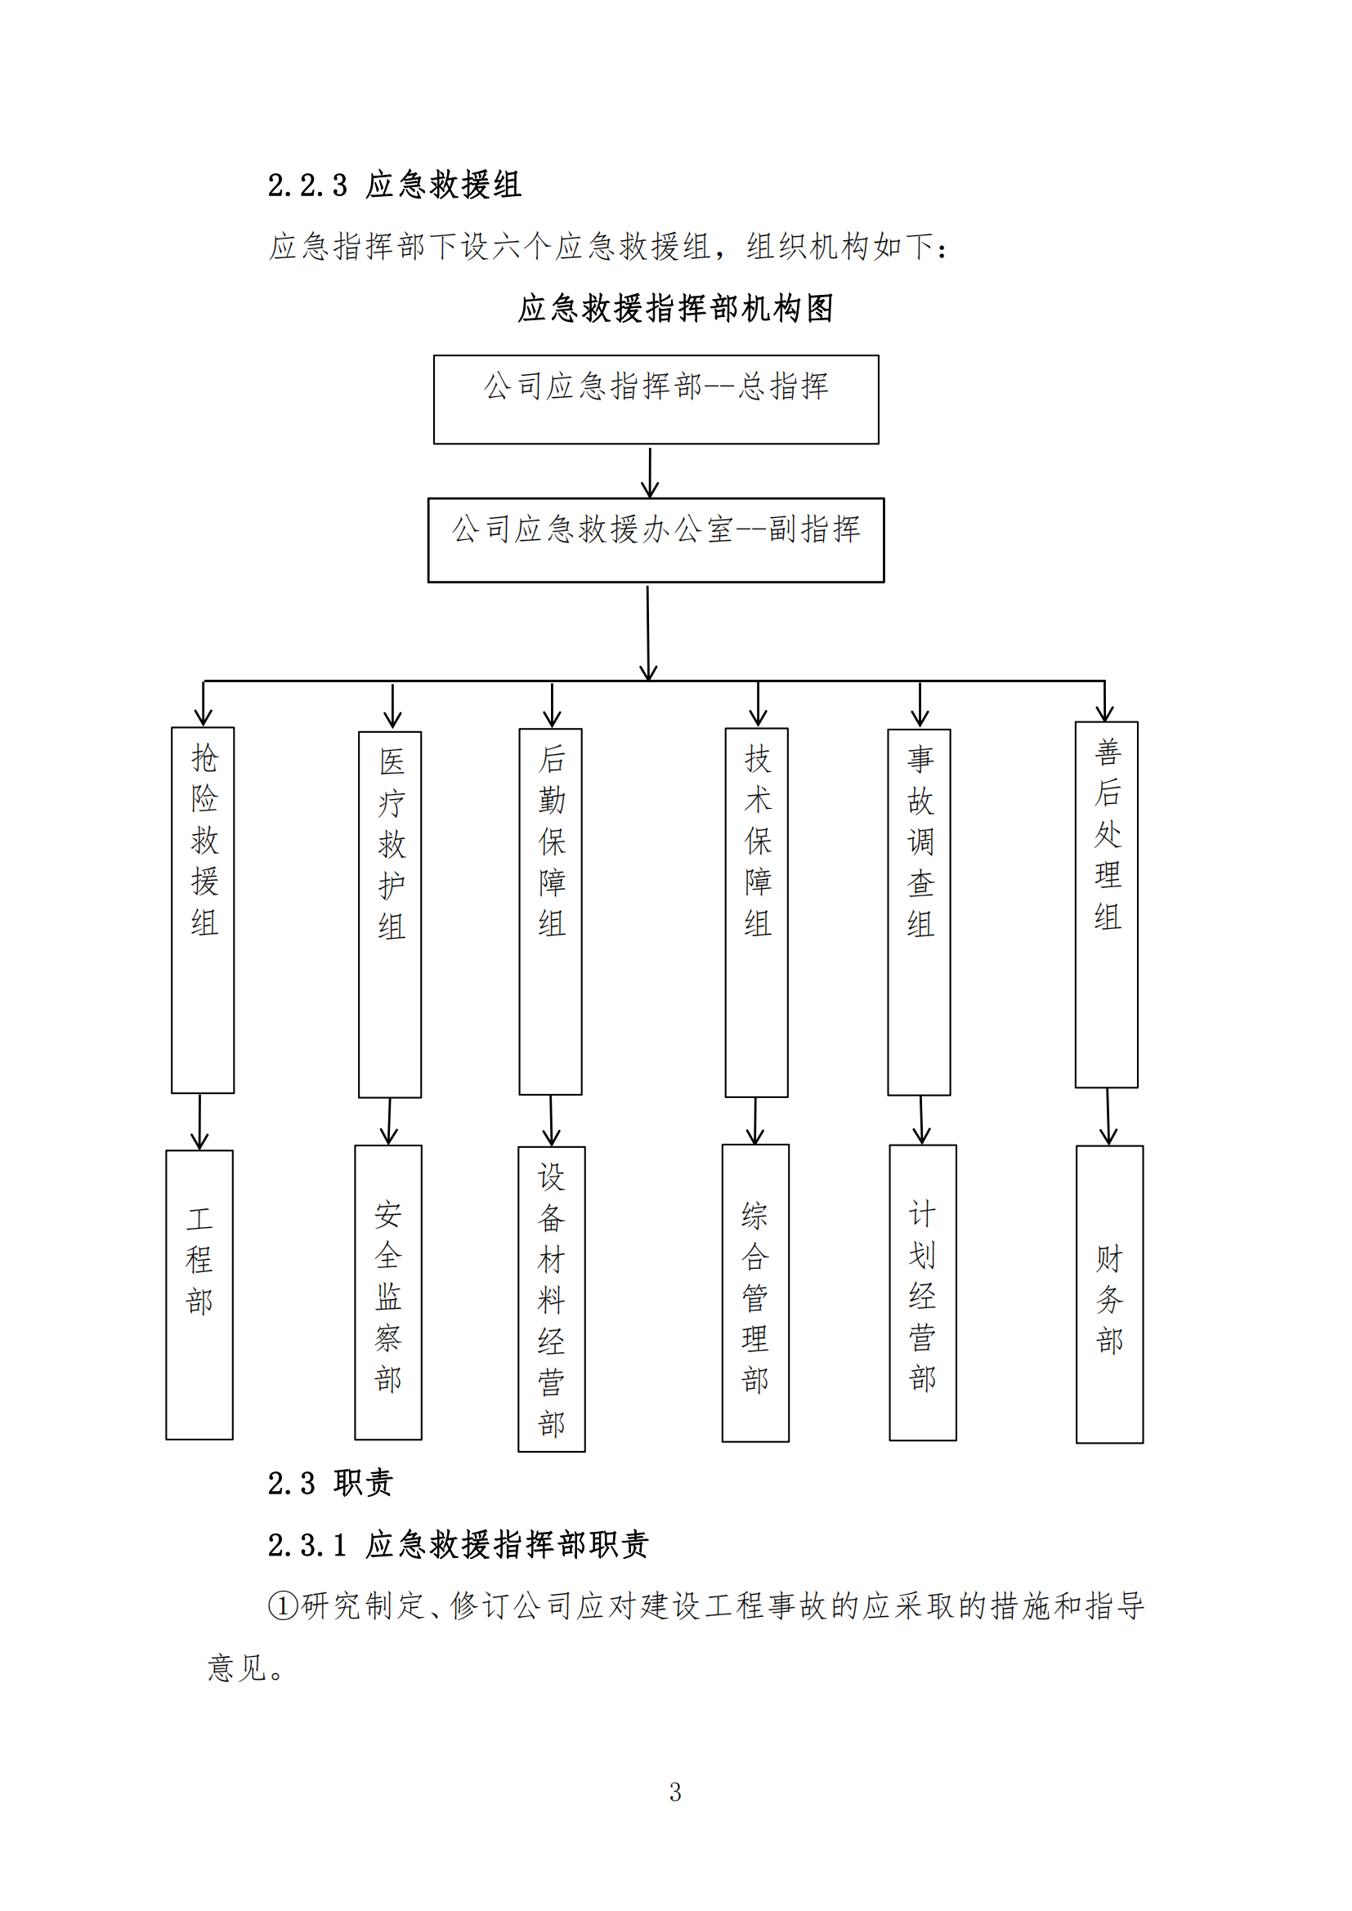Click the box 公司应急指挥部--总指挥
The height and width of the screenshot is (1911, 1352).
tap(656, 400)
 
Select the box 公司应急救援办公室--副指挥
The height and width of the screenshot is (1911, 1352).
tap(656, 540)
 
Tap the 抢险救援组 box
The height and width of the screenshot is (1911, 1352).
tap(204, 909)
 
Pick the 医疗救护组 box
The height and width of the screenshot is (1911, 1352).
tap(390, 915)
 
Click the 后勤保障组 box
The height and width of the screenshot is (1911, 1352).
tap(550, 912)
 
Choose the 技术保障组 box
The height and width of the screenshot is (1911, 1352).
tap(756, 913)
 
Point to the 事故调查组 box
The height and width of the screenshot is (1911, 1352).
tap(919, 913)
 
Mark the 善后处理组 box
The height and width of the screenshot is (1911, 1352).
tap(1107, 904)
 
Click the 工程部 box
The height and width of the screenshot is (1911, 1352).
tap(199, 1294)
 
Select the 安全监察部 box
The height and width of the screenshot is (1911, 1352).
tap(388, 1292)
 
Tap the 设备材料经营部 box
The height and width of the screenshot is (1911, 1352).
tap(551, 1298)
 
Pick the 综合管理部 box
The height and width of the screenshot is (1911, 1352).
tap(755, 1293)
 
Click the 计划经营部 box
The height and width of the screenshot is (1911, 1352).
tap(922, 1292)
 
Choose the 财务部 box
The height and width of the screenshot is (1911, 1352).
tap(1109, 1294)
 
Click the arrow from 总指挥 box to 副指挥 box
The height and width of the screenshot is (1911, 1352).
tap(650, 472)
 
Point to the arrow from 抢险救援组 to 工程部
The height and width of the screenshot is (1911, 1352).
tap(199, 1122)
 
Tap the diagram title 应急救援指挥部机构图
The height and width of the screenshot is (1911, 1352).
tap(675, 308)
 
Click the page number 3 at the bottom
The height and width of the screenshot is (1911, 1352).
tap(675, 1792)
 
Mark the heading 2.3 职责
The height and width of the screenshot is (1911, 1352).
tap(329, 1482)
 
